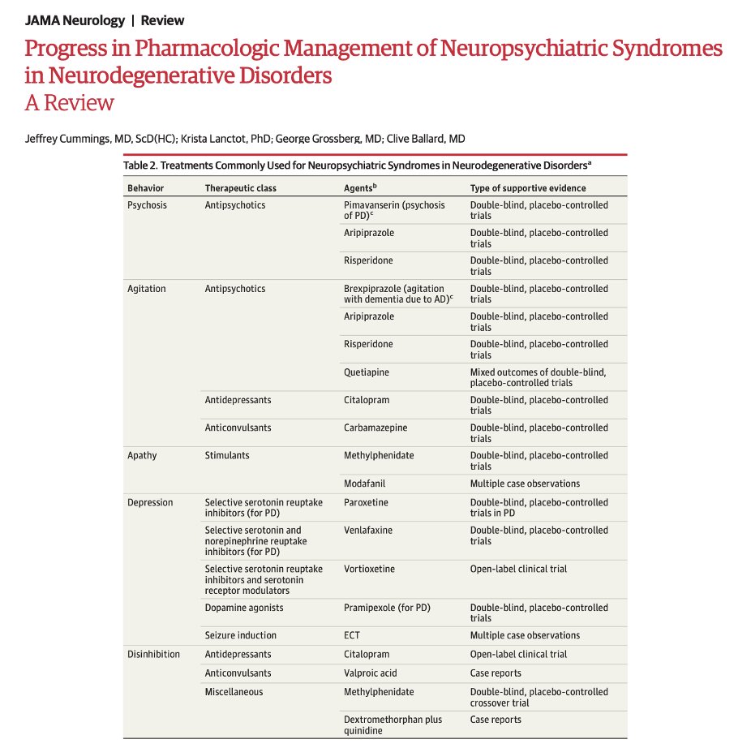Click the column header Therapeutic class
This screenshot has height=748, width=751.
(x=240, y=188)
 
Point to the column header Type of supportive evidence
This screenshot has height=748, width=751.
(x=528, y=188)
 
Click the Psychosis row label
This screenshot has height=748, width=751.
(x=147, y=205)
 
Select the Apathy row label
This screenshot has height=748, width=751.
(x=142, y=455)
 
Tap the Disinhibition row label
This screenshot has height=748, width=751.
(x=153, y=654)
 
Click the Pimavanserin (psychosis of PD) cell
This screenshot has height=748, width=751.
(x=394, y=211)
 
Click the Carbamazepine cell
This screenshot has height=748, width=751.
(x=375, y=428)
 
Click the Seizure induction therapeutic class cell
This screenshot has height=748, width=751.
(x=240, y=635)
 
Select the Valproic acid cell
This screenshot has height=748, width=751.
(x=370, y=673)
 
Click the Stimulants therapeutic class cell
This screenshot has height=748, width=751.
(x=227, y=455)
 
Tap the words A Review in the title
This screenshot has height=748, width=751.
(x=69, y=103)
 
